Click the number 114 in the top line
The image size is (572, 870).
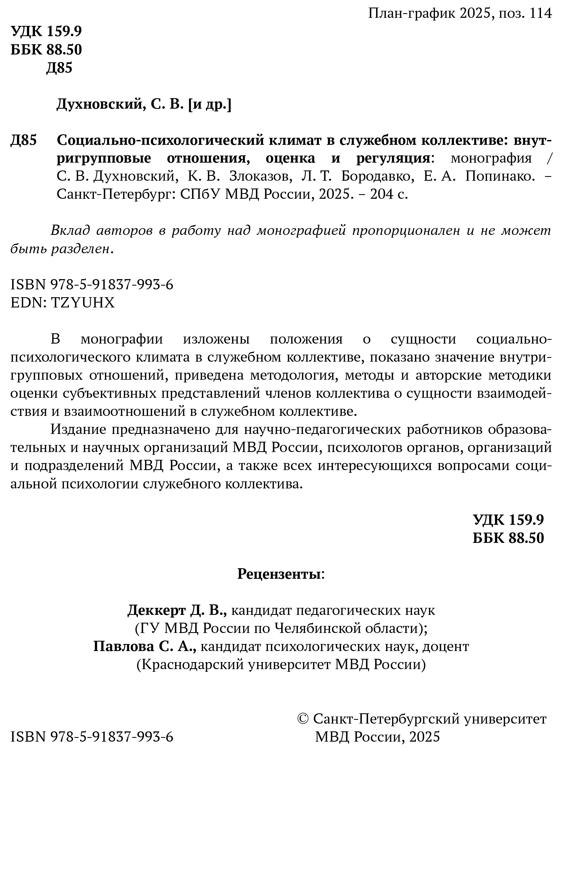click(540, 13)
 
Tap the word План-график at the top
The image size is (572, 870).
click(412, 13)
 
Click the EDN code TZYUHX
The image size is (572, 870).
click(83, 303)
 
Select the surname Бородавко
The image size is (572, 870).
click(378, 176)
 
